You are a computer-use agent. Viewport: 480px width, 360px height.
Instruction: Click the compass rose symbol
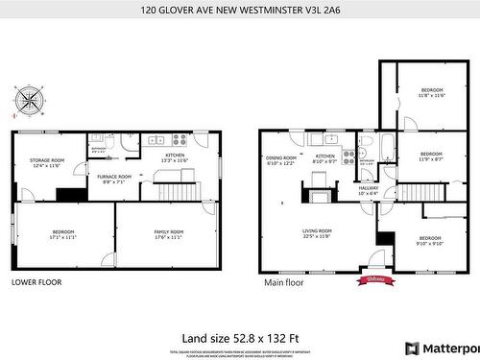coord(30,99)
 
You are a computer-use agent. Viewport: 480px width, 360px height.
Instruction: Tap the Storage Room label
coord(46,162)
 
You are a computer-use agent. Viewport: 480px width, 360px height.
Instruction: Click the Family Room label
coord(169,233)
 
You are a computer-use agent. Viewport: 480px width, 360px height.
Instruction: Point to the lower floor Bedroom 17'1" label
coord(63,233)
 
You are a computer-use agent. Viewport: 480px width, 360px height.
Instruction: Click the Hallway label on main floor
coord(369,190)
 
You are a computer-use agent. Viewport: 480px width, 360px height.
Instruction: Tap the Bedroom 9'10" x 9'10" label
coord(429,240)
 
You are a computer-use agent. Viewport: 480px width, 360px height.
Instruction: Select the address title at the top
coord(240,11)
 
